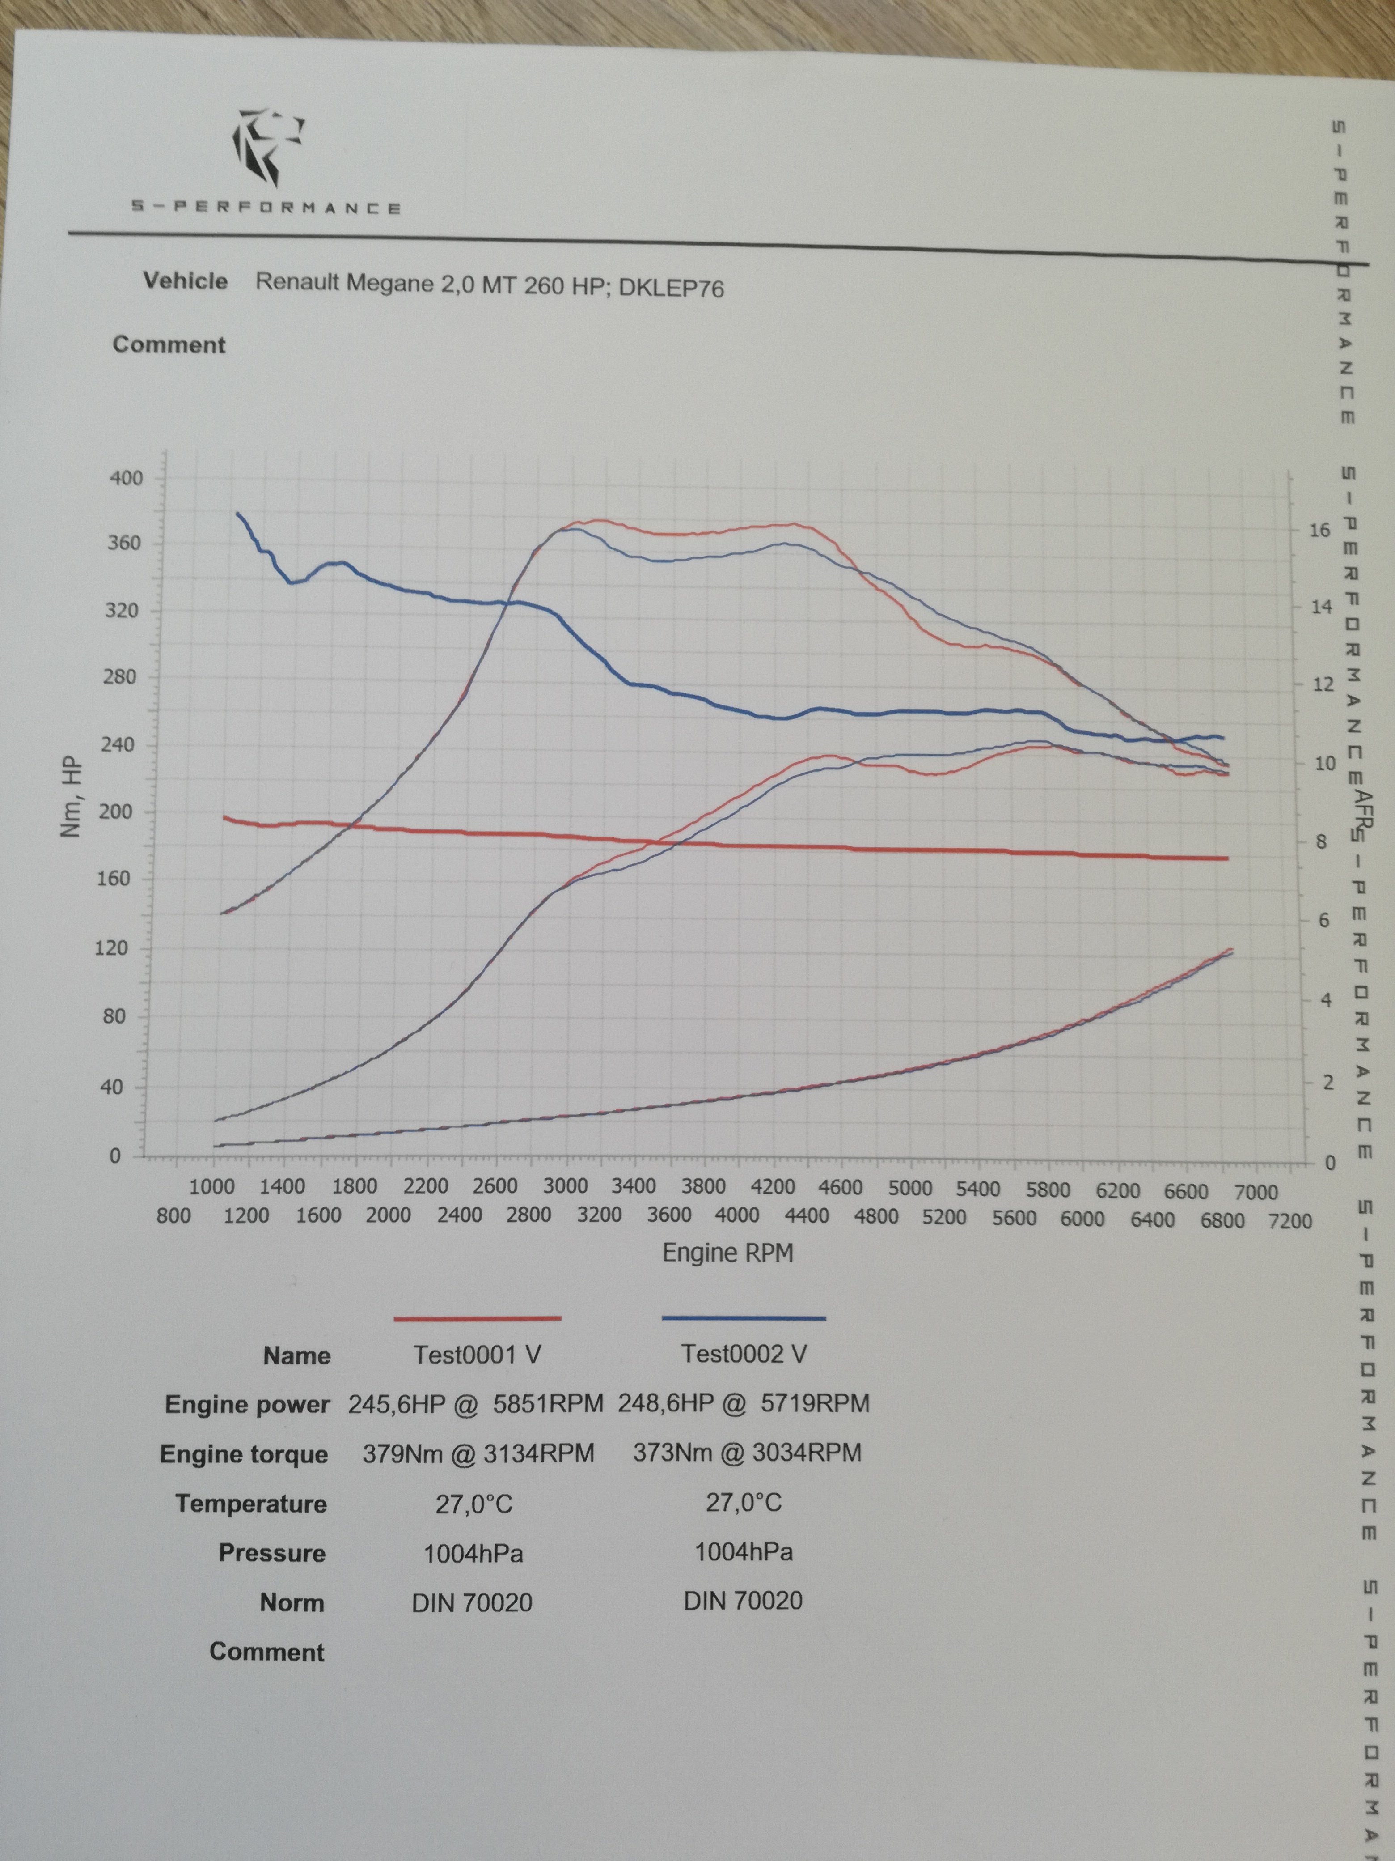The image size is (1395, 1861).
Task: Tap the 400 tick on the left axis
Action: [127, 478]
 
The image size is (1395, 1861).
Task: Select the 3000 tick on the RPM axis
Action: [564, 1187]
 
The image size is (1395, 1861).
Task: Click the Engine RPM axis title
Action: [727, 1253]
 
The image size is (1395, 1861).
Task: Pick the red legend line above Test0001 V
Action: [477, 1318]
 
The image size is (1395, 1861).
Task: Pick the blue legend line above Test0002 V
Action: [743, 1318]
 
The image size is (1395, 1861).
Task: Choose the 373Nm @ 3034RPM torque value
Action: [747, 1453]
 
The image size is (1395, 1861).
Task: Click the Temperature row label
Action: [250, 1504]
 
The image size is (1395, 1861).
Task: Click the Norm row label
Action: [292, 1603]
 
